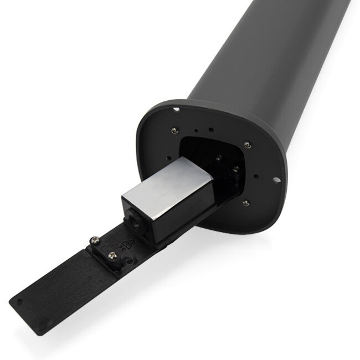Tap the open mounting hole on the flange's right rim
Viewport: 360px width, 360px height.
(x=275, y=179)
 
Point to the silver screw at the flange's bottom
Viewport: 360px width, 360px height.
(x=245, y=203)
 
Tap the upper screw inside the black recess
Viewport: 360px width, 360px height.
(x=219, y=157)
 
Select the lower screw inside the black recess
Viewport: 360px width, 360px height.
(x=235, y=168)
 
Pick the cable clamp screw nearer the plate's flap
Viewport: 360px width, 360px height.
(x=112, y=255)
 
